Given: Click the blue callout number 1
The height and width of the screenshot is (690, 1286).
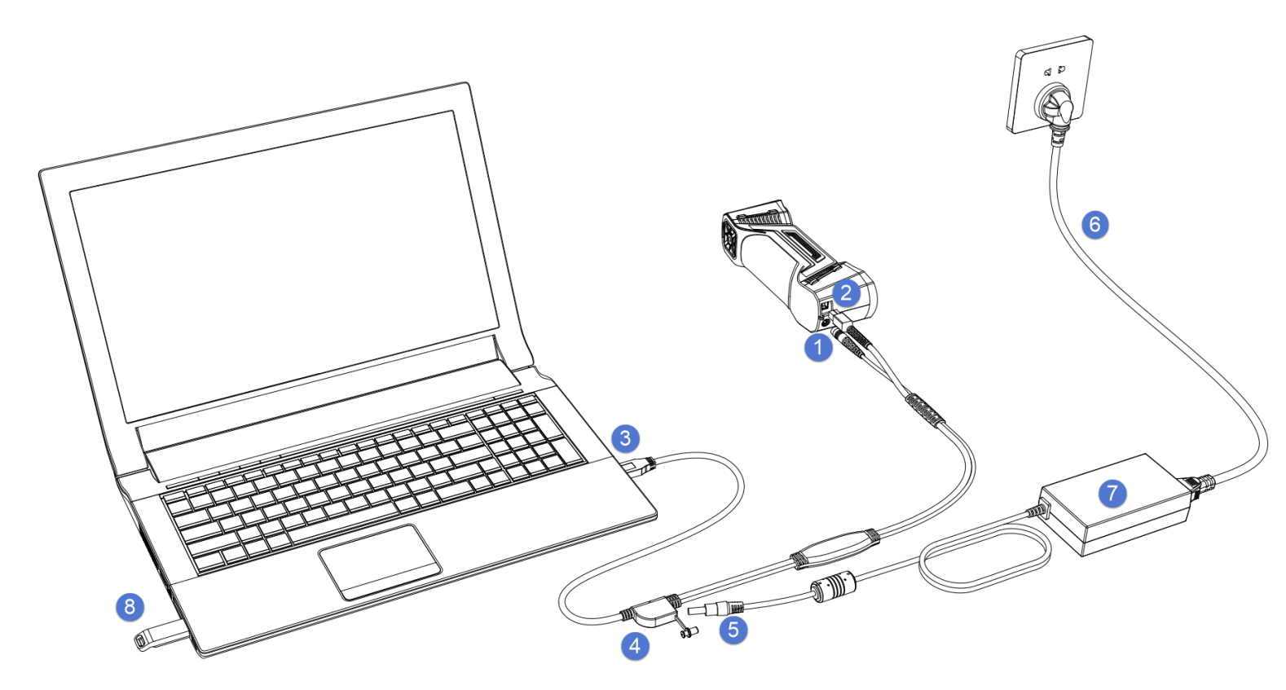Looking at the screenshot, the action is tap(818, 347).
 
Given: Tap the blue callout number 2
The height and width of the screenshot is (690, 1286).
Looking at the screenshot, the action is tap(846, 293).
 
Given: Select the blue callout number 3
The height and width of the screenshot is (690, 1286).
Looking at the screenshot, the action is tap(625, 438).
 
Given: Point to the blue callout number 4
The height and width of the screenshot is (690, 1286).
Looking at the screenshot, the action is tap(635, 646).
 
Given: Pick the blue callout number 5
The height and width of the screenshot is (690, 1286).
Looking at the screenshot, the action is tap(733, 630).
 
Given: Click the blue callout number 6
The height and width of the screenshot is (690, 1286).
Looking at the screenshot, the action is tap(1094, 225).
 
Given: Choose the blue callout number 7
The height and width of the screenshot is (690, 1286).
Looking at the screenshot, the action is tap(1112, 493).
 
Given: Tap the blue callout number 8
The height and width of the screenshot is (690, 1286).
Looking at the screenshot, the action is tap(130, 607).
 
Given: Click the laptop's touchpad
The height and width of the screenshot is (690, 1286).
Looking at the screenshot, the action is tap(380, 561).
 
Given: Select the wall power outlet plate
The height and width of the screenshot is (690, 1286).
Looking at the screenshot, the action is tap(1050, 85).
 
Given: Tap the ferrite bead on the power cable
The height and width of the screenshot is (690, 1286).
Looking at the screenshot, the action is tap(833, 586).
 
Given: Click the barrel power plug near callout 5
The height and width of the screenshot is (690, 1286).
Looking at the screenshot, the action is tap(716, 609).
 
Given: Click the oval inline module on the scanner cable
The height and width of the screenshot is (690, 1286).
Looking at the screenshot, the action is tap(835, 549).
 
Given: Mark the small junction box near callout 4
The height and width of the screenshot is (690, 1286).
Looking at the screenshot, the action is tap(653, 612).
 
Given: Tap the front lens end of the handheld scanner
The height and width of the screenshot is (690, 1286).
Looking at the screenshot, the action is tap(731, 238).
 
